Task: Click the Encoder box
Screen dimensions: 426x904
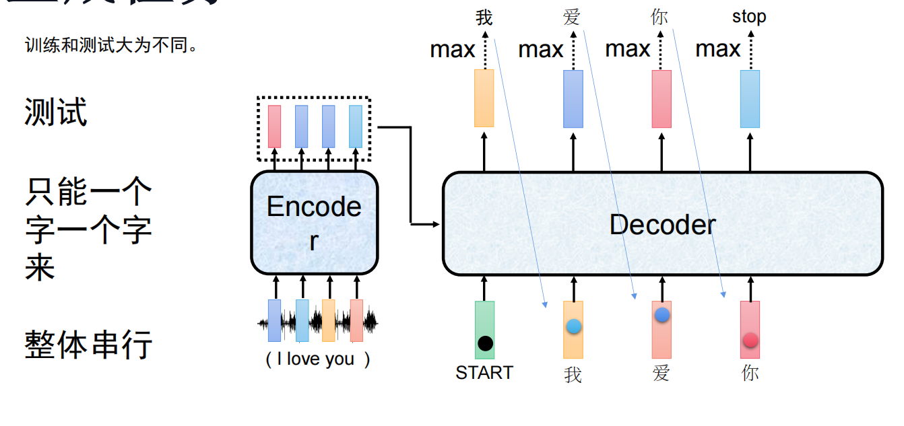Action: click(315, 223)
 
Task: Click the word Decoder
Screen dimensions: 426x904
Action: click(662, 225)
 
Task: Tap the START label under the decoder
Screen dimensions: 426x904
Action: click(484, 372)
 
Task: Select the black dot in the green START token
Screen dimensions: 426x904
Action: click(485, 343)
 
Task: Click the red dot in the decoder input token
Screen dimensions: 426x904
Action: click(750, 340)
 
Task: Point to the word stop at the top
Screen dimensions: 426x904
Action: click(749, 17)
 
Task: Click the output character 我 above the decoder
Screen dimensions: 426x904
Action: click(484, 17)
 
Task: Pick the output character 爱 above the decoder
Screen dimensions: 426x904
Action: click(571, 17)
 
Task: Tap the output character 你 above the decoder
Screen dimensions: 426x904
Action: click(659, 17)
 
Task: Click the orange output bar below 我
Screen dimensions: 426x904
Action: click(484, 98)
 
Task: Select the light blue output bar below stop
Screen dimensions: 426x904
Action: click(750, 99)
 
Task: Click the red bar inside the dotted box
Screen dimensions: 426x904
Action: click(274, 126)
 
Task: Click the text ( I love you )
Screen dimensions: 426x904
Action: click(318, 359)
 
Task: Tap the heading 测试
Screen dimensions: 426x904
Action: click(56, 112)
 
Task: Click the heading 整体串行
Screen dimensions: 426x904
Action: click(88, 345)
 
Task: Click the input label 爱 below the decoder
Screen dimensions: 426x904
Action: click(661, 373)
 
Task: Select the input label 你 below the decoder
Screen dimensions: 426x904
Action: click(750, 373)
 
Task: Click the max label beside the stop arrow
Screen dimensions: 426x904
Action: click(717, 49)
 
